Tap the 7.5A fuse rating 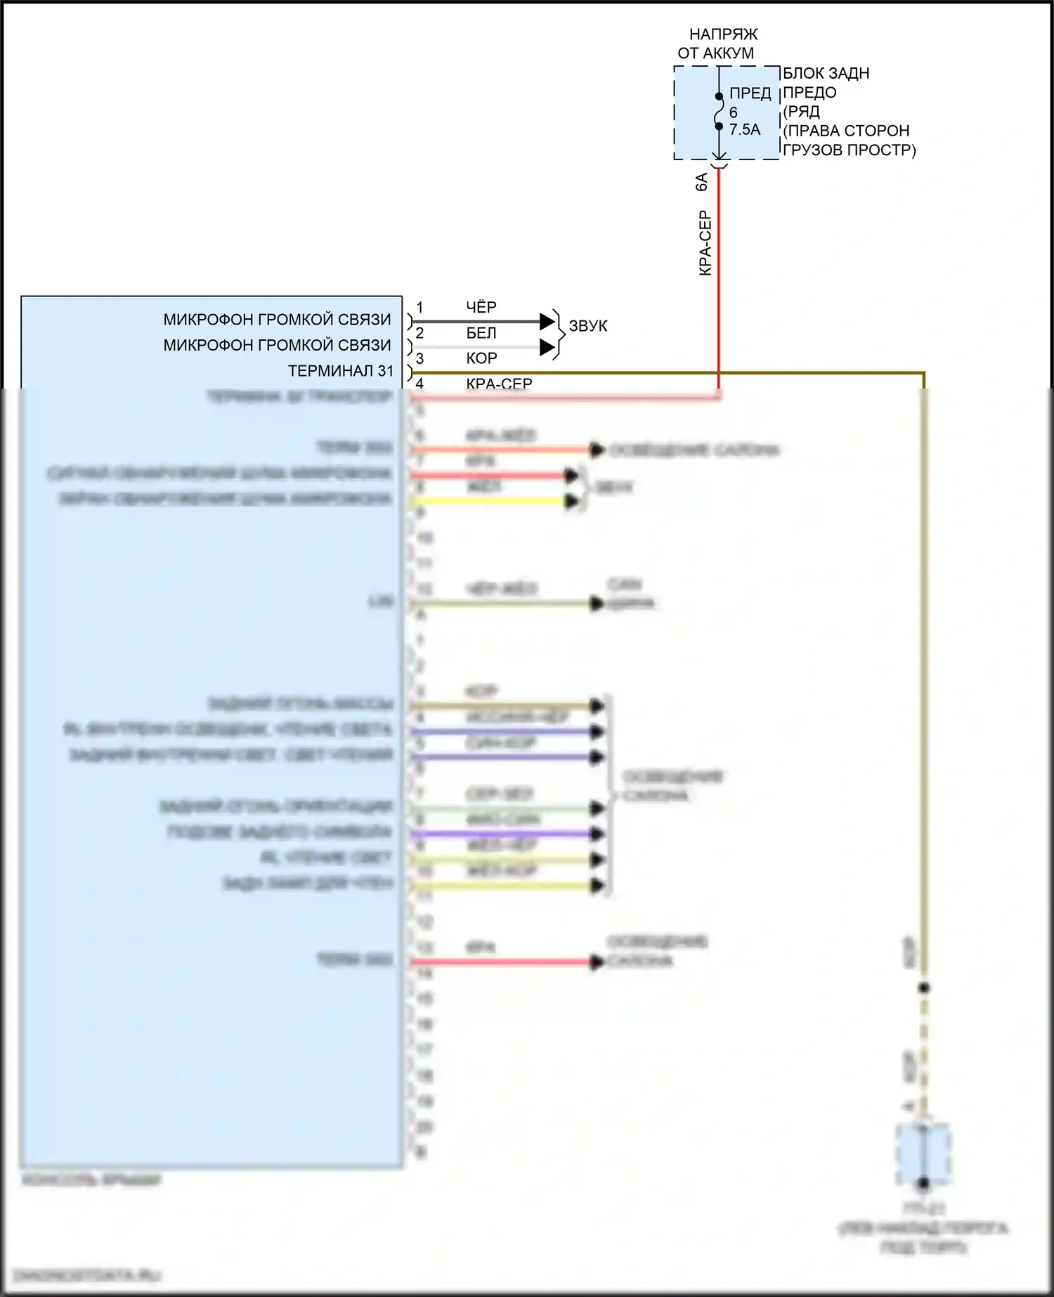(x=745, y=130)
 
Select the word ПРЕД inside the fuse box (x=750, y=93)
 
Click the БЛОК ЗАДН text (x=826, y=74)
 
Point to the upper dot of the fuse (x=719, y=96)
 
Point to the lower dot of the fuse (x=719, y=126)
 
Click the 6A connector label (x=701, y=182)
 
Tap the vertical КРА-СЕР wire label (x=705, y=243)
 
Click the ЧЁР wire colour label (x=481, y=307)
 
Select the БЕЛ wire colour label (x=481, y=333)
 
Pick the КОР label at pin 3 (x=481, y=358)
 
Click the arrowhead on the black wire (x=547, y=322)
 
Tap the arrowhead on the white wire (x=547, y=347)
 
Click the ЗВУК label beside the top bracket (x=588, y=326)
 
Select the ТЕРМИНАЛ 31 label (x=341, y=371)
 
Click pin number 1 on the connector (x=419, y=308)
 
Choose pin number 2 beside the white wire (x=419, y=333)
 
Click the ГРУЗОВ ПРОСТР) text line (x=850, y=150)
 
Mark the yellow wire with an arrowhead (x=492, y=501)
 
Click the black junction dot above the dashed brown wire (x=924, y=988)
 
